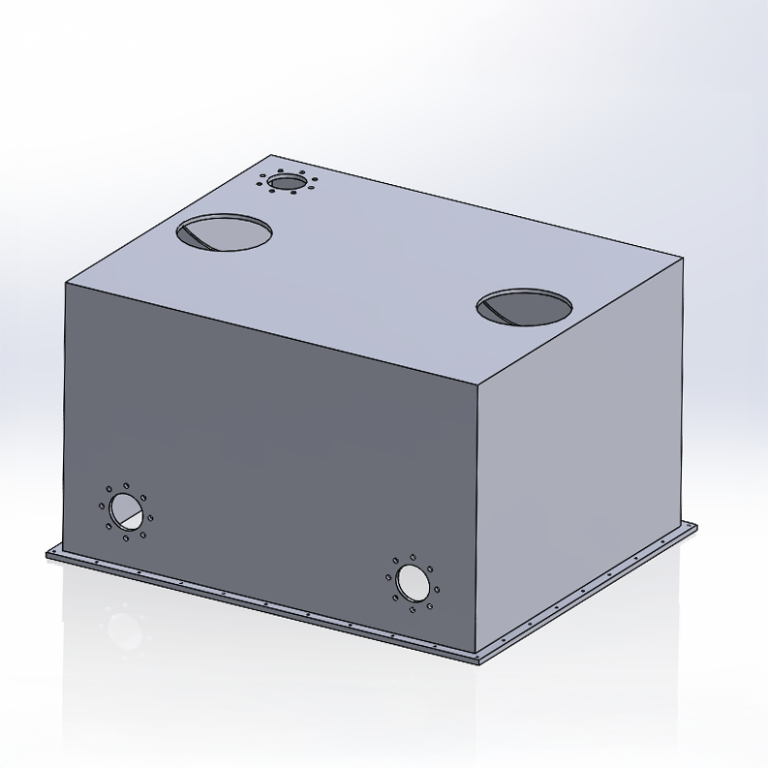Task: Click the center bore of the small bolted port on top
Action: [x=286, y=182]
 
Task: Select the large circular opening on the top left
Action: [x=224, y=232]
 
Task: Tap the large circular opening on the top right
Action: [x=524, y=307]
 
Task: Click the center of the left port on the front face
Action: [x=125, y=509]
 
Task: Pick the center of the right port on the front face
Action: [x=413, y=583]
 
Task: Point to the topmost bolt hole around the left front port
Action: [x=126, y=487]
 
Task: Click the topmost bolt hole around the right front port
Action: [x=414, y=558]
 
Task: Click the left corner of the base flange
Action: [x=46, y=554]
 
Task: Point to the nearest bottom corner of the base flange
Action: [x=478, y=663]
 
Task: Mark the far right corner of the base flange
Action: [x=695, y=525]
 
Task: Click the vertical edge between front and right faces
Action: [x=481, y=513]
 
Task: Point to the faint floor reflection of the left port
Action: [x=124, y=627]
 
